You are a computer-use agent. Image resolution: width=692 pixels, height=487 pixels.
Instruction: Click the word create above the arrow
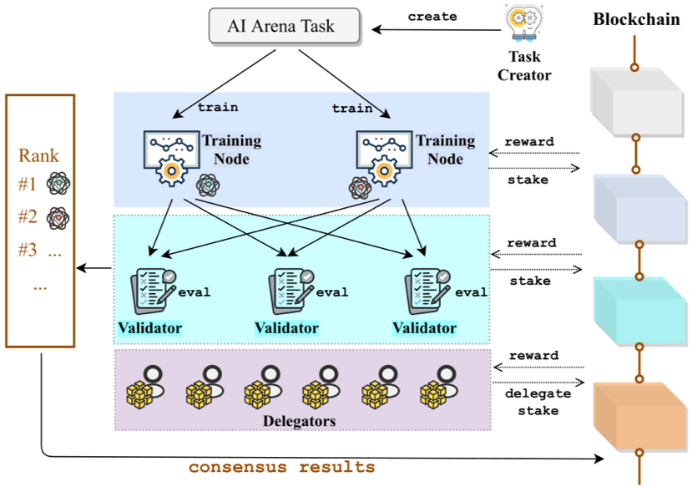click(432, 17)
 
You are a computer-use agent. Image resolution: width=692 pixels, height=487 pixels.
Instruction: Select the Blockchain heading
click(637, 19)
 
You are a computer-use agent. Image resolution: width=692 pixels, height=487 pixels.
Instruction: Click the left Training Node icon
click(170, 156)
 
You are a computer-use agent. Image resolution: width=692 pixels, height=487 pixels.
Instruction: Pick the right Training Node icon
click(383, 156)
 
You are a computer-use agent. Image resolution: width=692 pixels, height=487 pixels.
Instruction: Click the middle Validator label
click(286, 328)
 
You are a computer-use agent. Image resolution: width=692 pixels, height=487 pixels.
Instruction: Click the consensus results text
click(281, 466)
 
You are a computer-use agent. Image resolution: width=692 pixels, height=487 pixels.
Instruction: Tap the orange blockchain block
click(638, 414)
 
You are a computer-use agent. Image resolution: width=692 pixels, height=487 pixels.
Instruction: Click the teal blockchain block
click(638, 308)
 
